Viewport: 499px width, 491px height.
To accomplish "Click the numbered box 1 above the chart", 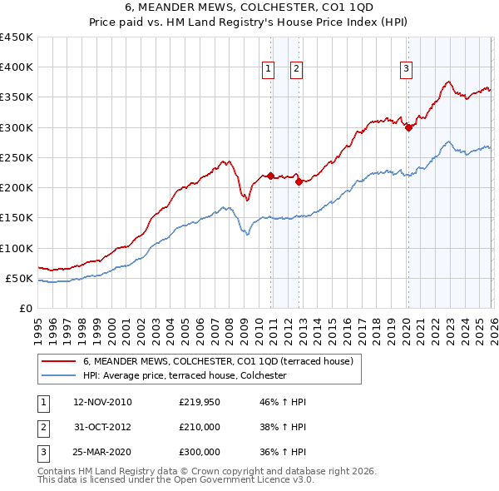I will (x=269, y=69).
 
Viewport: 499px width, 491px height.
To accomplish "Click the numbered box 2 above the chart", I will (x=296, y=69).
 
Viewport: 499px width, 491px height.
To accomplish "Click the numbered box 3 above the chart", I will (x=406, y=69).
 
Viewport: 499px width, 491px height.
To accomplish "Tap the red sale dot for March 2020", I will (x=408, y=127).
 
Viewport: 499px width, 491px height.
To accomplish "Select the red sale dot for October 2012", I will (x=299, y=181).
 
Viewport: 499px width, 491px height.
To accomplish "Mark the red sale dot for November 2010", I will (x=270, y=176).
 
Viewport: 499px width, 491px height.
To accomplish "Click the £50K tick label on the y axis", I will (x=20, y=278).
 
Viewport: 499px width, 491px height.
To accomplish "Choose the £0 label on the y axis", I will (x=26, y=308).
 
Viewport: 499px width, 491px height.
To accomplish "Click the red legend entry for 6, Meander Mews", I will (x=219, y=361).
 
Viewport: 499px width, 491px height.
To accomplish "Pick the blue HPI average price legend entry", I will (x=185, y=375).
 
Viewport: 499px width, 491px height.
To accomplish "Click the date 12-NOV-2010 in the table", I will (x=102, y=402).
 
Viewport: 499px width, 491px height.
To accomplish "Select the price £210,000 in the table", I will (x=199, y=427).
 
